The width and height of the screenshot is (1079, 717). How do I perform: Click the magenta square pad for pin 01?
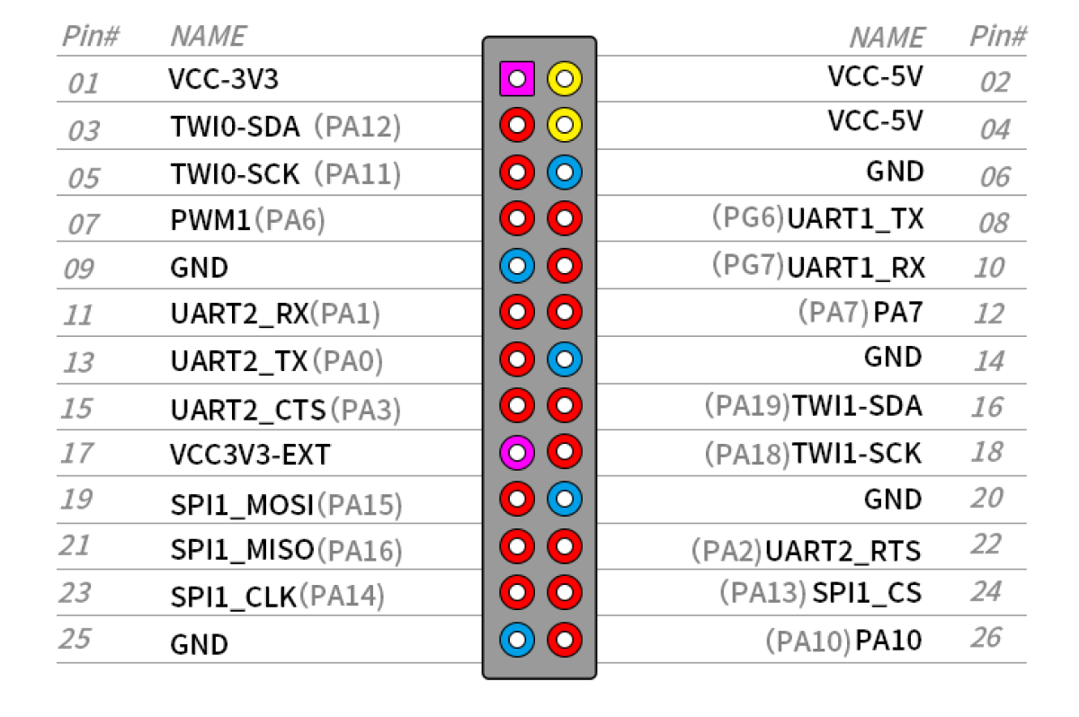[x=517, y=78]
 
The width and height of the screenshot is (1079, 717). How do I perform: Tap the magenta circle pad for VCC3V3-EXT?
[x=517, y=452]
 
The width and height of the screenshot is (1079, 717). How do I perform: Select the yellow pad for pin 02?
[x=565, y=78]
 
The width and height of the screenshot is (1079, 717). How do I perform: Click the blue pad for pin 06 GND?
[x=565, y=172]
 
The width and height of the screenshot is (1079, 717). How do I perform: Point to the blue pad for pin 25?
[x=517, y=640]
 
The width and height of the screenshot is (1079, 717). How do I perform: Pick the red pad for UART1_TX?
[x=565, y=218]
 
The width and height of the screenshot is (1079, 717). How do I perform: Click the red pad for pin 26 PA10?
[x=565, y=640]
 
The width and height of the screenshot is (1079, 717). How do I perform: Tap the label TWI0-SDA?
[x=235, y=127]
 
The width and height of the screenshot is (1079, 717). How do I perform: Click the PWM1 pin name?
[x=210, y=220]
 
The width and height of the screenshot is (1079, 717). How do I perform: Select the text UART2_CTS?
[x=248, y=411]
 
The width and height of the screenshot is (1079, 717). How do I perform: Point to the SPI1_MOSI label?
[x=242, y=505]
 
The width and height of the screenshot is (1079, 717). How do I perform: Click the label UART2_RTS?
[x=843, y=551]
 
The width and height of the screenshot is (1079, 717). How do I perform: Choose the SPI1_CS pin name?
[x=867, y=592]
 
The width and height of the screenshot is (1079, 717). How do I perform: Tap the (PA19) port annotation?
[x=747, y=405]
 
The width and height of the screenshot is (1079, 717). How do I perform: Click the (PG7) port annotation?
[x=748, y=265]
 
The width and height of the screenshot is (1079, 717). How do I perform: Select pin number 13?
[x=78, y=362]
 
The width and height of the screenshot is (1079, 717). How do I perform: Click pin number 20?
[x=987, y=498]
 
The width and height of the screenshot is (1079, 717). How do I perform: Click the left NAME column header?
[x=209, y=36]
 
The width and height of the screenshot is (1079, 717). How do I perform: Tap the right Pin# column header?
[x=998, y=36]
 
